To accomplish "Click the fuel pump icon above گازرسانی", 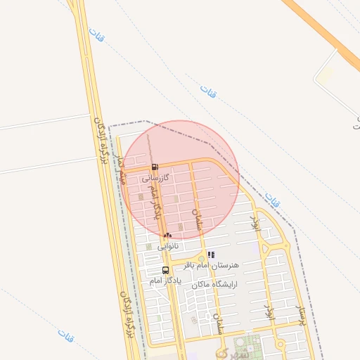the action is point(155,167).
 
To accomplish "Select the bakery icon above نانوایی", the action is point(167,235).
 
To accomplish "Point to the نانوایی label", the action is point(167,245).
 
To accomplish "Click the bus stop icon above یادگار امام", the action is point(165,270).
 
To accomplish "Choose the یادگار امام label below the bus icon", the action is point(165,280).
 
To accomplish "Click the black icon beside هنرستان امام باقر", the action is point(211,255).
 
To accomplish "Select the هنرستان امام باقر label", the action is point(211,265).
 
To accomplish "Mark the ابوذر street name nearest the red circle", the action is point(256,225).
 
